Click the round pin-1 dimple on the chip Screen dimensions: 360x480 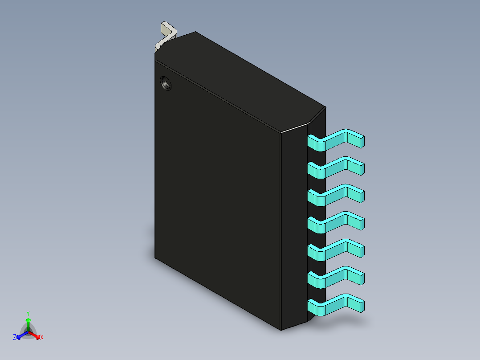point(166,83)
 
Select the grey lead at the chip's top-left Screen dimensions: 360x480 point(167,35)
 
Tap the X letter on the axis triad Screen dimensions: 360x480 point(42,338)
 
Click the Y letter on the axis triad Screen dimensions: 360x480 point(28,313)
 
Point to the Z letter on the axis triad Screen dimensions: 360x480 point(15,338)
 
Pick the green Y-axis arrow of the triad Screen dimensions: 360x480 point(28,323)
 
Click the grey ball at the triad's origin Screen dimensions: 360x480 point(28,331)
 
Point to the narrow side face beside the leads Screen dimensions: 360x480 point(294,232)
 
